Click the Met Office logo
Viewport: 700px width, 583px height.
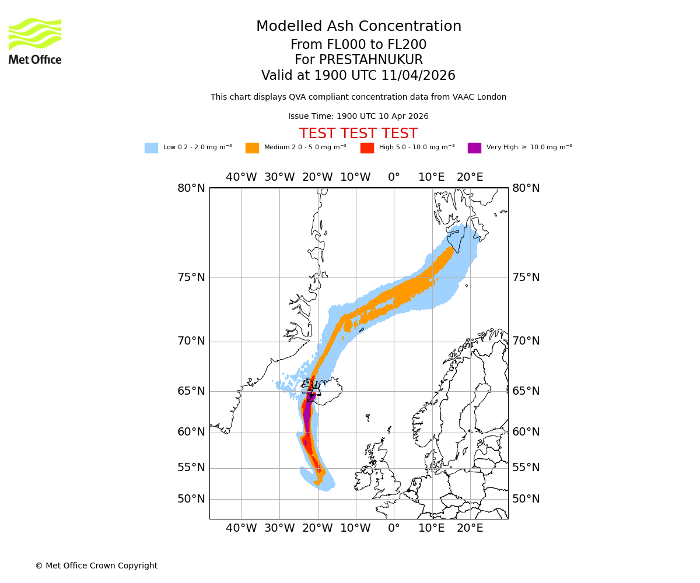coord(35,41)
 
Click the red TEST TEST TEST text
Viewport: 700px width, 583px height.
coord(358,134)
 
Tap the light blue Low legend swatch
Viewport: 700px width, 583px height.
coord(151,148)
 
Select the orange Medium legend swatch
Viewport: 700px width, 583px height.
coord(252,148)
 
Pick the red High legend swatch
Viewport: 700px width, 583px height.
coord(367,148)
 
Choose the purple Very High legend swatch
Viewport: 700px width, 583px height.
coord(474,148)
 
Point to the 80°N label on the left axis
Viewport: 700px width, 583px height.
coord(191,188)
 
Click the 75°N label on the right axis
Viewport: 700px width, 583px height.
coord(526,278)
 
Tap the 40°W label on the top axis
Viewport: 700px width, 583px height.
coord(241,177)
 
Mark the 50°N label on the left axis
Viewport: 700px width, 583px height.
coord(191,499)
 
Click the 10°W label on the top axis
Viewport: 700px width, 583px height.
coord(355,177)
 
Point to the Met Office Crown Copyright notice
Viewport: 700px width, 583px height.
coord(96,566)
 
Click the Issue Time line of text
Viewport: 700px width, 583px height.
coord(358,117)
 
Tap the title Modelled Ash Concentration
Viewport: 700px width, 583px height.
coord(358,26)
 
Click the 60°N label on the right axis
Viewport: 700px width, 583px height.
coord(526,432)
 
